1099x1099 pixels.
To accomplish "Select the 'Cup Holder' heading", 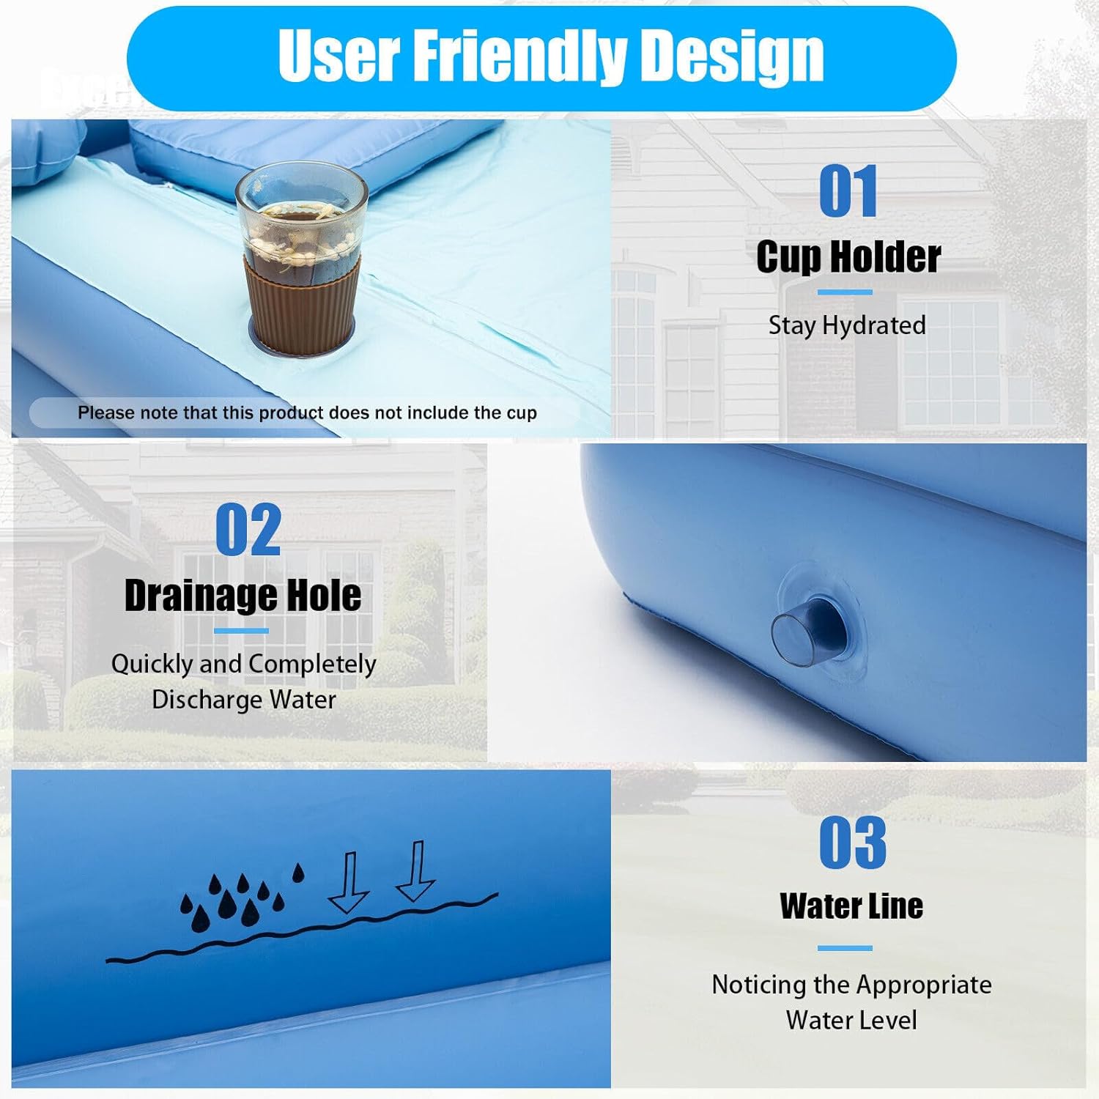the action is coord(848,256).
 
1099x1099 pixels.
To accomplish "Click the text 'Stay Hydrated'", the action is coord(847,325).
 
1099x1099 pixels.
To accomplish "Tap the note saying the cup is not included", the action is coord(307,412).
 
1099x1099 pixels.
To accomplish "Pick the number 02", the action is coord(248,529).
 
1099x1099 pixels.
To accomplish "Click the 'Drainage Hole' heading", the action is coord(243,595).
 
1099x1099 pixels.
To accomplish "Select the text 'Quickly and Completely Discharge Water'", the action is coord(244,681).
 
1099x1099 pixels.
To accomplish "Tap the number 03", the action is coord(852,843).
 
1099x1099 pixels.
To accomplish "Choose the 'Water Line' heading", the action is coord(851,906).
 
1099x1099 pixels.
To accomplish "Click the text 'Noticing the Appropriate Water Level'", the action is coord(851,1002).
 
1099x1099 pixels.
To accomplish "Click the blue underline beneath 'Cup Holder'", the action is coord(845,292).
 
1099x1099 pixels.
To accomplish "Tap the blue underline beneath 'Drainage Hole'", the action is coord(242,631).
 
